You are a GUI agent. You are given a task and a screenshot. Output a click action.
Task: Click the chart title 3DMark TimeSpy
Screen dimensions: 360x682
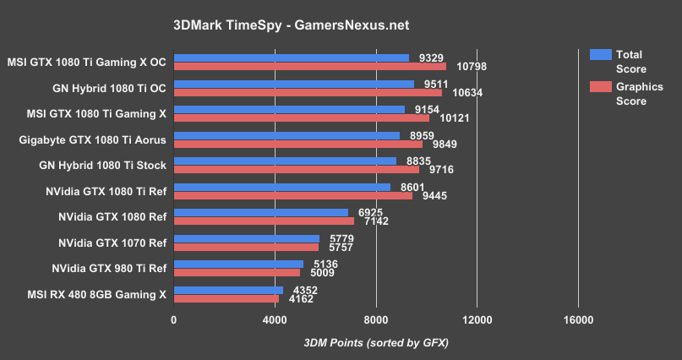tap(341, 25)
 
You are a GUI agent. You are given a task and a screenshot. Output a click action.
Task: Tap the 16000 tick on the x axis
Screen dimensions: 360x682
tap(578, 320)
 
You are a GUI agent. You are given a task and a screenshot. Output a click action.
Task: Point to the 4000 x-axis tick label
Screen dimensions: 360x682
tap(275, 320)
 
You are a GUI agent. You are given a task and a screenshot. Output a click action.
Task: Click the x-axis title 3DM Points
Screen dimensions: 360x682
tap(375, 342)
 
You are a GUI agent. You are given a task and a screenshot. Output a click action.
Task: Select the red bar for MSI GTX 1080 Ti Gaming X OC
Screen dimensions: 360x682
tap(309, 67)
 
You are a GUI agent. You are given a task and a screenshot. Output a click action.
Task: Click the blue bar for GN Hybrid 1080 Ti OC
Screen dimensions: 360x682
tap(293, 84)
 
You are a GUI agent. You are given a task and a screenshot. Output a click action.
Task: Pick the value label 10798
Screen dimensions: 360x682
tap(472, 67)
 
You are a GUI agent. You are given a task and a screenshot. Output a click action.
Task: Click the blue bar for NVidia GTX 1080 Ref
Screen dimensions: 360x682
tap(260, 212)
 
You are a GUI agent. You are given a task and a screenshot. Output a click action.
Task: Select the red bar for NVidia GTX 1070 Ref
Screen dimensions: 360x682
tap(246, 247)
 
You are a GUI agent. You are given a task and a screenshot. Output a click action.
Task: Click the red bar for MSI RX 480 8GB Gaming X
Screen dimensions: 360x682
tap(226, 298)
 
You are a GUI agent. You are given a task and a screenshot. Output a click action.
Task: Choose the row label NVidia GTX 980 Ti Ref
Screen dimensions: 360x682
tap(109, 269)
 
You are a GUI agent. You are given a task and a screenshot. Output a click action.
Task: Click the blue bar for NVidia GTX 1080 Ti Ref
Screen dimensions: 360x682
tap(281, 187)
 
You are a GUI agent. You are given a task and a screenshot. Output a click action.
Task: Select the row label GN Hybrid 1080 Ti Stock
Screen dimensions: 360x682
tap(102, 166)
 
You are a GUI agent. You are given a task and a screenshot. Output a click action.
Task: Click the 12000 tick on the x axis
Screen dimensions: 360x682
tap(477, 320)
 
